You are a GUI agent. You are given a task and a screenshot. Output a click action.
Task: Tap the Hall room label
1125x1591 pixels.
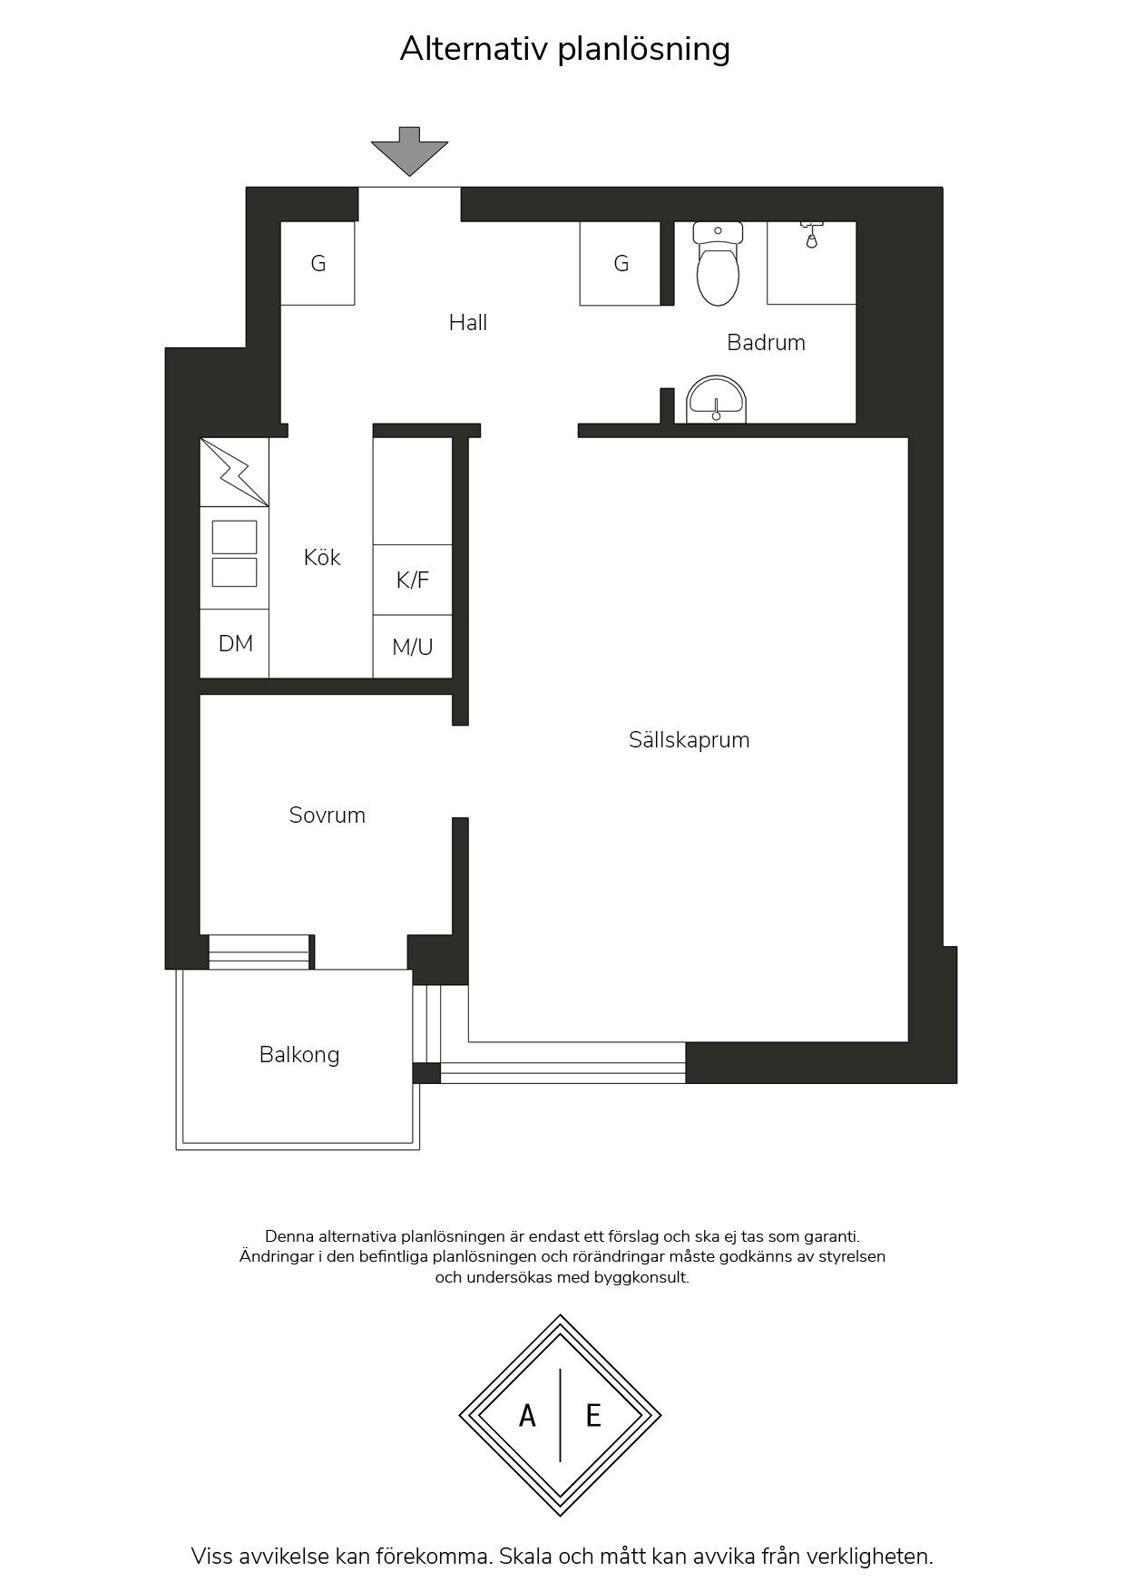click(468, 322)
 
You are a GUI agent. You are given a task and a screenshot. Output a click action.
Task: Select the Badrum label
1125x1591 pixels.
click(766, 342)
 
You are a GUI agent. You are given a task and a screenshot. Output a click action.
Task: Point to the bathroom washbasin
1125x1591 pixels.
click(716, 400)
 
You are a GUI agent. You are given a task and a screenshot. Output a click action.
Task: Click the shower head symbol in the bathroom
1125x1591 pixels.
click(811, 234)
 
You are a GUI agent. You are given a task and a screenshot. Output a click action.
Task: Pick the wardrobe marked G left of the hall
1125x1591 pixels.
click(318, 263)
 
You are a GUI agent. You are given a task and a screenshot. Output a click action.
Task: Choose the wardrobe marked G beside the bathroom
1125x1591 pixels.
click(621, 263)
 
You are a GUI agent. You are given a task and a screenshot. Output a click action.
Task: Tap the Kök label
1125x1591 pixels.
click(322, 557)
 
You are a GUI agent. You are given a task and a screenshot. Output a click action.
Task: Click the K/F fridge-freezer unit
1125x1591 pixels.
click(413, 580)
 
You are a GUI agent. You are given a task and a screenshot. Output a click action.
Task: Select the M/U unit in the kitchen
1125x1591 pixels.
click(413, 647)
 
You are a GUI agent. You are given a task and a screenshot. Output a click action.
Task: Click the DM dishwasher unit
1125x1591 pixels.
click(235, 643)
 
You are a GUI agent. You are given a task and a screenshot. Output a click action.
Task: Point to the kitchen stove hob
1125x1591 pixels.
click(234, 554)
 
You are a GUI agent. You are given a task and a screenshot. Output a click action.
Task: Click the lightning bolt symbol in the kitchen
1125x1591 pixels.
click(234, 473)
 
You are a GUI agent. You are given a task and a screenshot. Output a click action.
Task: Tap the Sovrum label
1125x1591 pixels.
click(328, 815)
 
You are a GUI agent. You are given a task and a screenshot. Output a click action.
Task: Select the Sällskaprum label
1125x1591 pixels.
click(690, 739)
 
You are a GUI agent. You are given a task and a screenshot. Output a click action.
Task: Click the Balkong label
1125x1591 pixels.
click(299, 1055)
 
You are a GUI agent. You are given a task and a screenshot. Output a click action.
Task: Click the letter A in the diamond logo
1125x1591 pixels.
click(527, 1415)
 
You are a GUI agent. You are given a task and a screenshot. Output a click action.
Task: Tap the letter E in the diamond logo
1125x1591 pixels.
click(593, 1415)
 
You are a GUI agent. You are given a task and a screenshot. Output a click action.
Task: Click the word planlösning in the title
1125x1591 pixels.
click(643, 49)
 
